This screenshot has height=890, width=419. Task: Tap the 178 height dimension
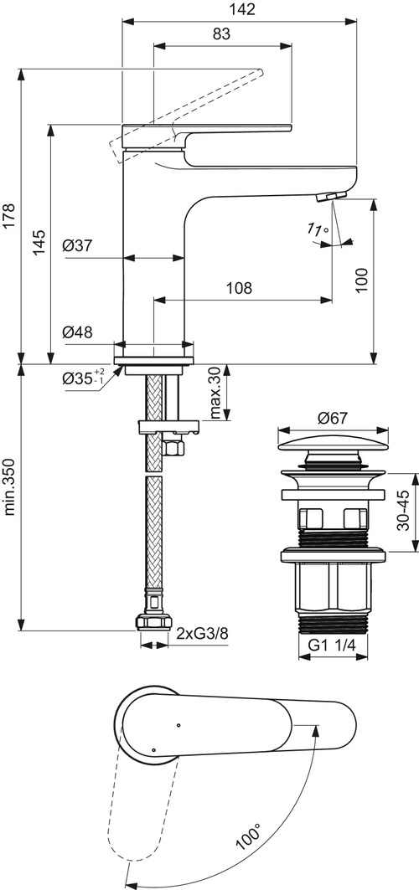click(10, 215)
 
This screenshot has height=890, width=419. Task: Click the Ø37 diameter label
click(77, 245)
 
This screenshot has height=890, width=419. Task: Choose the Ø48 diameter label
click(77, 332)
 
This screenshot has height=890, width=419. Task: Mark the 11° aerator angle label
click(318, 229)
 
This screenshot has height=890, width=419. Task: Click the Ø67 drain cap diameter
click(333, 419)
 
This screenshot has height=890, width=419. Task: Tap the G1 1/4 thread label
click(332, 646)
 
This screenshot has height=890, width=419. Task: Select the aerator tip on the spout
click(330, 197)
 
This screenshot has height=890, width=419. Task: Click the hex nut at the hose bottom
click(155, 622)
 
